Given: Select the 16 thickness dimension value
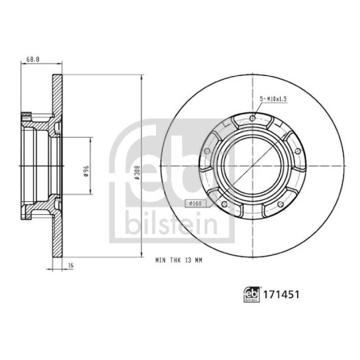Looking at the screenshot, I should point(70,266).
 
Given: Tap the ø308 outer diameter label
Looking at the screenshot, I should point(138,172).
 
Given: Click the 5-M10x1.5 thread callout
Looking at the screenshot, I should point(273,98).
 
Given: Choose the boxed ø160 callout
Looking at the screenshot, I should point(194,204).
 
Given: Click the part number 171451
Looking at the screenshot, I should point(281,295).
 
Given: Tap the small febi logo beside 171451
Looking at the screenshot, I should point(252,295).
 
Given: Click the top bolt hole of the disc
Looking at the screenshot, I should point(252,118).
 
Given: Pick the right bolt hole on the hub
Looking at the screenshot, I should point(297,151).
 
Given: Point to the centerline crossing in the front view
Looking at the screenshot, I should point(252,166).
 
